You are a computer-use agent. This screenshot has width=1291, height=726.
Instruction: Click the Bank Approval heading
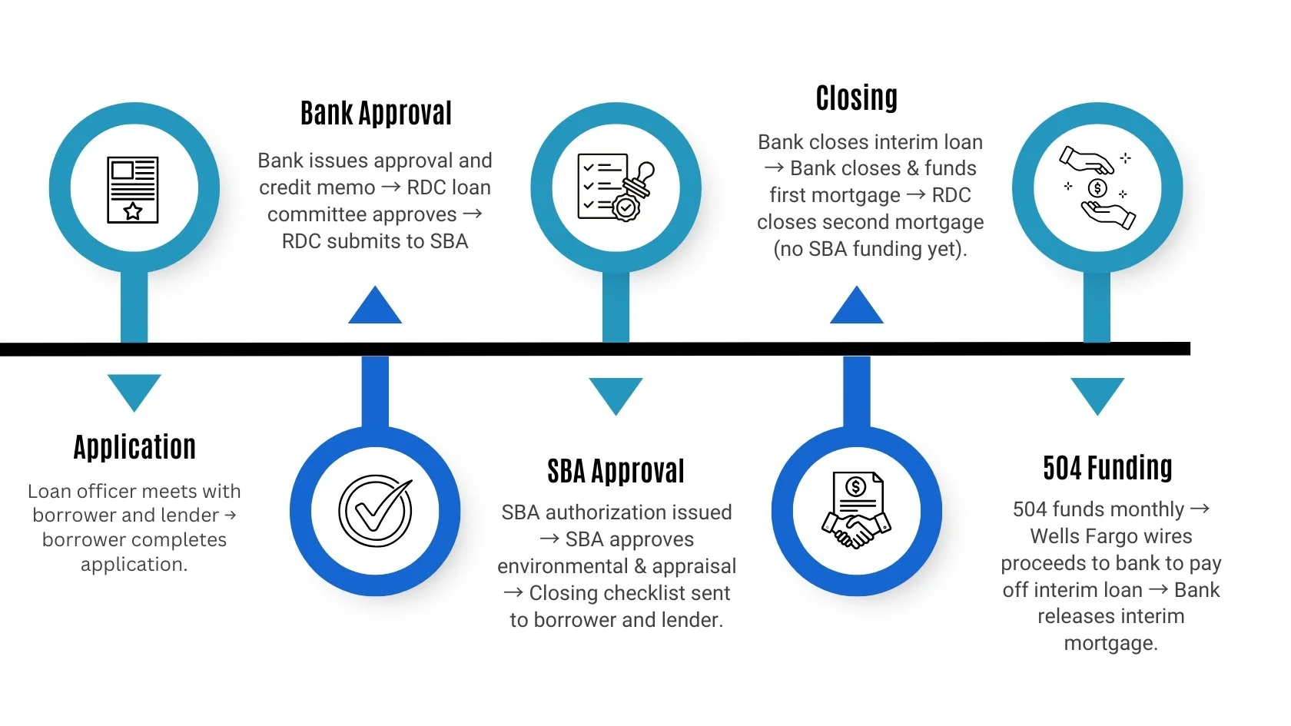point(376,114)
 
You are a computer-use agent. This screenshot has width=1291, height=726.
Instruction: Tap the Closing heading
point(856,98)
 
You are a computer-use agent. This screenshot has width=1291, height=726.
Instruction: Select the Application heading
point(134,447)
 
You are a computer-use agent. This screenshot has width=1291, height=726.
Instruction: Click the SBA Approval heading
point(616,471)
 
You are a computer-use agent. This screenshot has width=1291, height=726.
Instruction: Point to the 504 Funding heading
point(1107,468)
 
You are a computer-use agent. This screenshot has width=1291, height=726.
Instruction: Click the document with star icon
point(133,190)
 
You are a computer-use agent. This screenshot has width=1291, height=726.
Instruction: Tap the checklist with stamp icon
point(616,187)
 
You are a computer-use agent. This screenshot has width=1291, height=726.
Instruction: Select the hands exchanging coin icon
point(1097,188)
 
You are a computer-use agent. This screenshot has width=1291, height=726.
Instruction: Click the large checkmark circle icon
point(376,511)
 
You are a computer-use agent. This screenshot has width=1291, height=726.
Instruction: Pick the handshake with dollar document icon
point(856,510)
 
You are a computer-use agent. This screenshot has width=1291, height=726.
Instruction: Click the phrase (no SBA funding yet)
point(870,249)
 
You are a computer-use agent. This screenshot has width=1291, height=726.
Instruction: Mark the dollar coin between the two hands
point(1097,187)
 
